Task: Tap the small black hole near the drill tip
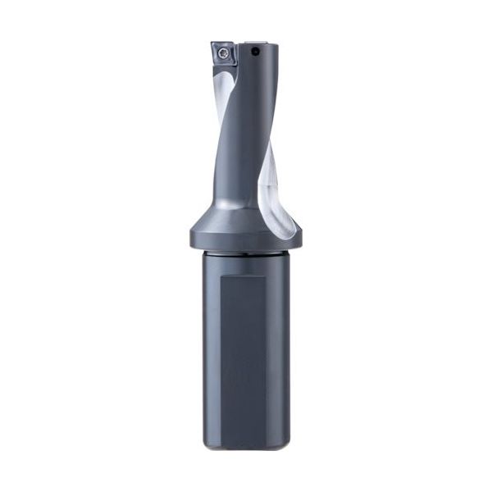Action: (x=256, y=52)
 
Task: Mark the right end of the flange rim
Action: (x=302, y=239)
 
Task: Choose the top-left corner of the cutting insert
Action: (x=210, y=43)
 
